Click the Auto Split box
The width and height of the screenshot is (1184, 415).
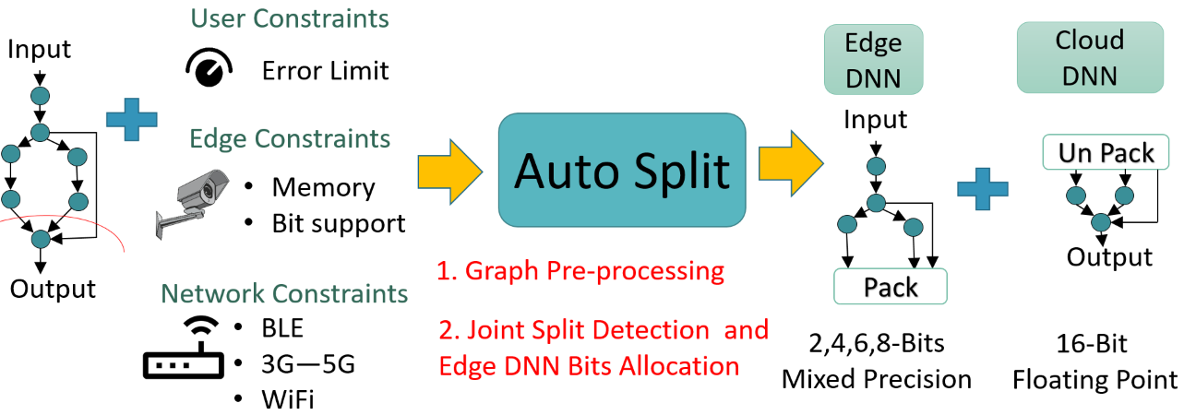[622, 170]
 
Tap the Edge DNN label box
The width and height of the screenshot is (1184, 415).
[874, 59]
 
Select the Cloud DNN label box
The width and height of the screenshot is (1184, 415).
[1089, 57]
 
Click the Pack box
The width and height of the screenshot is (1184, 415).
[891, 287]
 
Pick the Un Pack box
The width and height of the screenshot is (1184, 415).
[1106, 153]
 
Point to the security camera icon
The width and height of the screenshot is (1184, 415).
[191, 198]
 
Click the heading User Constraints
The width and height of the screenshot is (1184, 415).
[289, 18]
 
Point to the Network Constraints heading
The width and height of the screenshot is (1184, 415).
[284, 293]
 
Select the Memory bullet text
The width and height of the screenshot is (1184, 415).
[323, 187]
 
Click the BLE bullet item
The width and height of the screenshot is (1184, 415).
[281, 327]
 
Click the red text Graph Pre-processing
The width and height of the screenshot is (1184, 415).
[580, 271]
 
